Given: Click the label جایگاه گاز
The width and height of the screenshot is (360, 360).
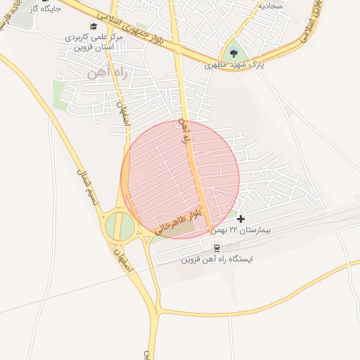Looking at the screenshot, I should pyautogui.click(x=44, y=9).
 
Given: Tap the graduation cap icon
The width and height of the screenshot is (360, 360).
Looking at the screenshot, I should pyautogui.click(x=93, y=25).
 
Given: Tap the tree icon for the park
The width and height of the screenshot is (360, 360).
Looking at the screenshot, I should pyautogui.click(x=233, y=52).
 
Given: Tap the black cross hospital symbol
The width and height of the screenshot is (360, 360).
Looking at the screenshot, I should pyautogui.click(x=242, y=219).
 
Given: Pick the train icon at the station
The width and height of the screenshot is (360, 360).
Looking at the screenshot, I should pyautogui.click(x=216, y=247).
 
